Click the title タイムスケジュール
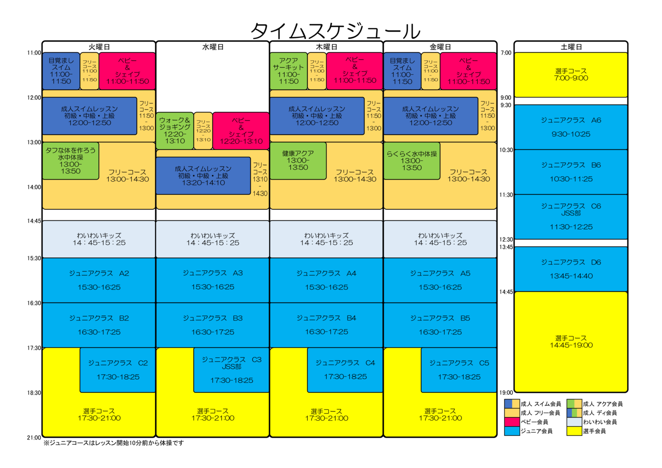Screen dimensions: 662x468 (x=335, y=31)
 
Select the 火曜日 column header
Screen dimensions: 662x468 (x=99, y=47)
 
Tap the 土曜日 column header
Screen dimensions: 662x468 (x=571, y=47)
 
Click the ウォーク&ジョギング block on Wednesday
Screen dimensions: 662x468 (x=174, y=130)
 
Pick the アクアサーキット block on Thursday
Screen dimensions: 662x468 (x=288, y=71)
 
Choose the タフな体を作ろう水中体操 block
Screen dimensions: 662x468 (x=70, y=161)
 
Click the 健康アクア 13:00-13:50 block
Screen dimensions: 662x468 (x=298, y=161)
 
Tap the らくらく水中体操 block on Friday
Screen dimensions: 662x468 (x=411, y=161)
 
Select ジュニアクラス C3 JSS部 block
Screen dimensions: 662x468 (x=231, y=370)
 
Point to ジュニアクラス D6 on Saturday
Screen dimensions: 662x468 (x=571, y=269)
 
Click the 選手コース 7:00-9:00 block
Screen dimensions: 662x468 (x=571, y=75)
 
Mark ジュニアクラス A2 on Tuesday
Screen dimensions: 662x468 (x=99, y=280)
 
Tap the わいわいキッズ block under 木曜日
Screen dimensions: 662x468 (x=326, y=239)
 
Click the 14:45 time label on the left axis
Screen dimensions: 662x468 (x=34, y=221)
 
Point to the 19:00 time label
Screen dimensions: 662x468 (x=506, y=392)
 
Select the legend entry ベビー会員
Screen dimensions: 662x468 (x=534, y=422)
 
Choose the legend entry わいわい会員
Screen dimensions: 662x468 (x=600, y=422)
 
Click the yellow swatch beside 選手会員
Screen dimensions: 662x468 (x=574, y=431)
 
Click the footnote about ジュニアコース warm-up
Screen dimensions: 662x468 (x=113, y=443)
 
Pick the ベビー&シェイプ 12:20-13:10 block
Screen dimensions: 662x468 (x=241, y=130)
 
